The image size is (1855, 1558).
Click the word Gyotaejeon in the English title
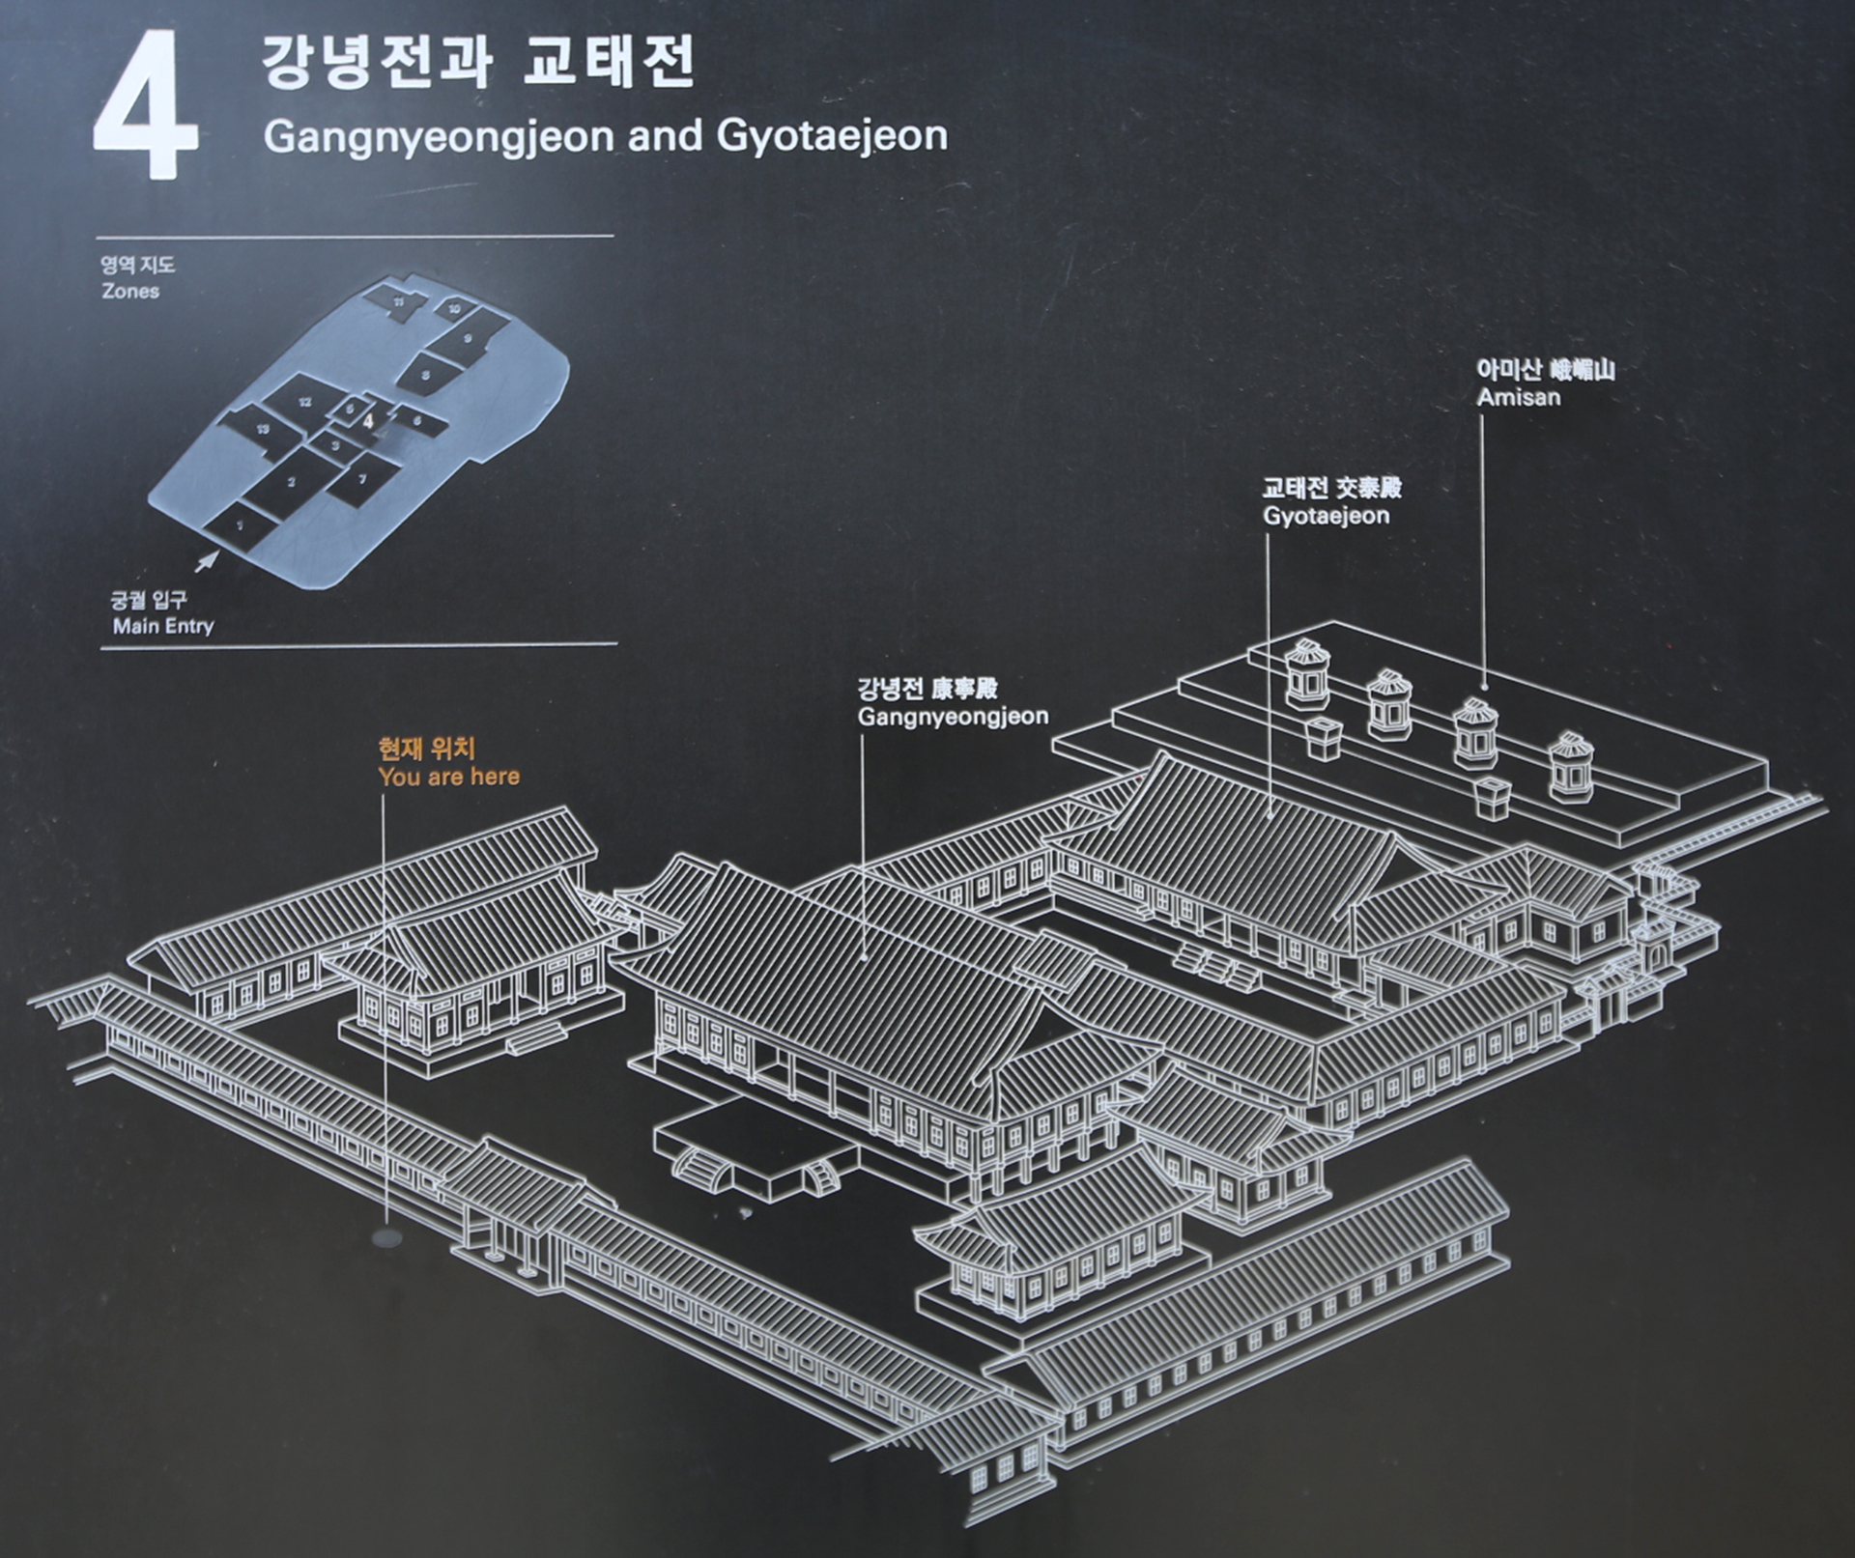coord(832,136)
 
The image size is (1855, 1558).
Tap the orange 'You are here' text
coord(449,777)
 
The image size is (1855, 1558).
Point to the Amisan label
coord(1518,396)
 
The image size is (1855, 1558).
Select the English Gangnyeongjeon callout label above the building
coord(953,717)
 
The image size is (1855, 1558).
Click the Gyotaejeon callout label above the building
coord(1326,515)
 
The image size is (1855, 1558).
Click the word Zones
coord(130,291)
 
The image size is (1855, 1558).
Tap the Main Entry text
coord(162,626)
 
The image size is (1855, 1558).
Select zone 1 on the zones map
coord(240,524)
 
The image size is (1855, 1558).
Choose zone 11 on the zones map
coord(398,301)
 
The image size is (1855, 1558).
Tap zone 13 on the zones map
coord(263,430)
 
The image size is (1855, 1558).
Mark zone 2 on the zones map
coord(291,481)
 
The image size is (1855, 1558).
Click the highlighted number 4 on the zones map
coord(368,420)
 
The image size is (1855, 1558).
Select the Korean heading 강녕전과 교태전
coord(478,64)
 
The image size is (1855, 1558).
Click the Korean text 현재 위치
coord(426,749)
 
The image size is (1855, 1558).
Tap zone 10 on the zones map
coord(454,309)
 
